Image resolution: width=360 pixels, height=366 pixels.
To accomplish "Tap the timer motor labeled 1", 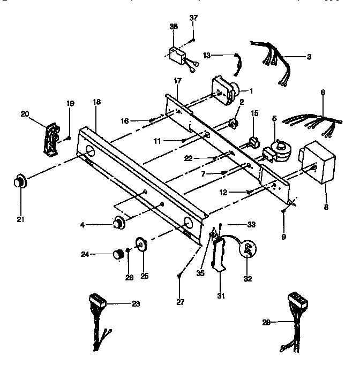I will (x=225, y=90).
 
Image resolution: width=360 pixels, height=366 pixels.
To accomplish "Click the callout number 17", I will (x=177, y=80).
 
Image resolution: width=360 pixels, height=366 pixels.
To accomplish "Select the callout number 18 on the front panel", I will (x=96, y=117).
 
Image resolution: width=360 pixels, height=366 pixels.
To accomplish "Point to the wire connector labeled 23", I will (x=98, y=310).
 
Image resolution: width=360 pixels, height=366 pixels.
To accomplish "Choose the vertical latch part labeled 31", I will (x=220, y=255).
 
